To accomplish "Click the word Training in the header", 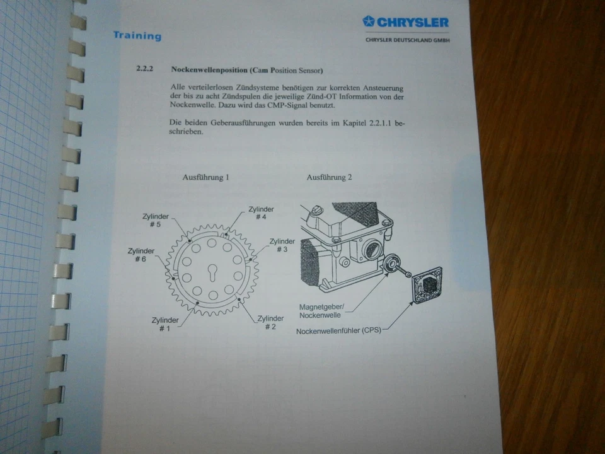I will tap(137, 36).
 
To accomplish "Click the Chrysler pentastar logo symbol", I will tap(369, 21).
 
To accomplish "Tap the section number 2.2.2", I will tap(145, 69).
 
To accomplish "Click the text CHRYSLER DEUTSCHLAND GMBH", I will tap(408, 40).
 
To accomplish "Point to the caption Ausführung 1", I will tap(205, 178).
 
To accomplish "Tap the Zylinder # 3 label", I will tap(282, 245).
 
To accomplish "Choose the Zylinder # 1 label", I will tap(165, 324).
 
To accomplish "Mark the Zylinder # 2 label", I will tap(270, 322).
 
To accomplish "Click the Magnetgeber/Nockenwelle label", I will tap(321, 310).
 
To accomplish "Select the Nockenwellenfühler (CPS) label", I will tap(338, 329).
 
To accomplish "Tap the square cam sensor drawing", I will tap(427, 284).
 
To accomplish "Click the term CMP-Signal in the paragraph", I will tap(283, 106).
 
